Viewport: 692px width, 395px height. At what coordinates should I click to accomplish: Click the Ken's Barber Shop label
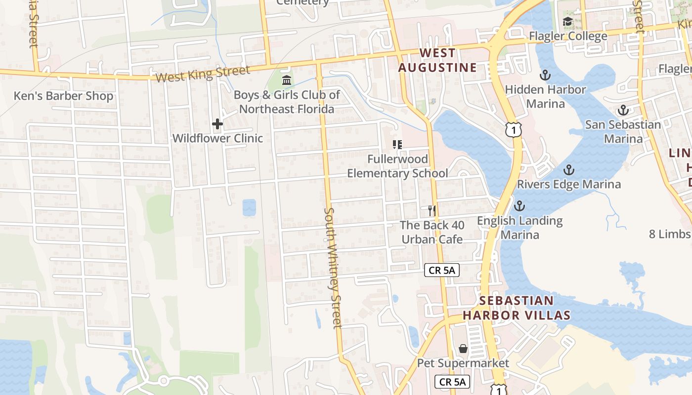(x=63, y=96)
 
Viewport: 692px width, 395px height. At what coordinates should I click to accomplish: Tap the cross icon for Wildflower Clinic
(x=217, y=124)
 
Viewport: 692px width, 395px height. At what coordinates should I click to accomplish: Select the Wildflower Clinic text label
(x=217, y=138)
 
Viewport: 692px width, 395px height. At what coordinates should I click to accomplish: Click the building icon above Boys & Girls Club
(x=286, y=80)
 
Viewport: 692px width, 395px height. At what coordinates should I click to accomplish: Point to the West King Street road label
(x=203, y=74)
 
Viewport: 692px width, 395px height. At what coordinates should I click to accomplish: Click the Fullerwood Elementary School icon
(x=397, y=145)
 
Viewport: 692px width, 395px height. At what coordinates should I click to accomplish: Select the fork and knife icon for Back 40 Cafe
(x=432, y=211)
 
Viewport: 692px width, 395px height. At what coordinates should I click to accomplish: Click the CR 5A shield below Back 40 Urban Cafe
(x=442, y=270)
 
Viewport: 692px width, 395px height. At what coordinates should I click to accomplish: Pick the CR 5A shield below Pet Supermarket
(x=452, y=382)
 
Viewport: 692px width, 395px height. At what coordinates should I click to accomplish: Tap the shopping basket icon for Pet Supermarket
(x=463, y=349)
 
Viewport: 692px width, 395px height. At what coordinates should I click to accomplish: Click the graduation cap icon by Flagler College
(x=567, y=22)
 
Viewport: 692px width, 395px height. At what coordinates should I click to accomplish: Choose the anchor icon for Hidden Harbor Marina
(x=545, y=75)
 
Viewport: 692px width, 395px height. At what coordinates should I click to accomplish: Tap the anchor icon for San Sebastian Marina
(x=623, y=110)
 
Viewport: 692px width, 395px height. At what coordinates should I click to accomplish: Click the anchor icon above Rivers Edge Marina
(x=568, y=170)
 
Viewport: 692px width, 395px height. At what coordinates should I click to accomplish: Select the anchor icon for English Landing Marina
(x=519, y=206)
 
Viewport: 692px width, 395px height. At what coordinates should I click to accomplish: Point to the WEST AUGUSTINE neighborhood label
(x=438, y=60)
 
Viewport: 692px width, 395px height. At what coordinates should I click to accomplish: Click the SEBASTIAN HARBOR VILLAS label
(x=517, y=308)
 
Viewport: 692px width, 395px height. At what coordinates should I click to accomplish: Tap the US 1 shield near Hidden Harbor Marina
(x=514, y=129)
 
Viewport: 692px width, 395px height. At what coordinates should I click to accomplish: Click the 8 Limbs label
(x=670, y=234)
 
